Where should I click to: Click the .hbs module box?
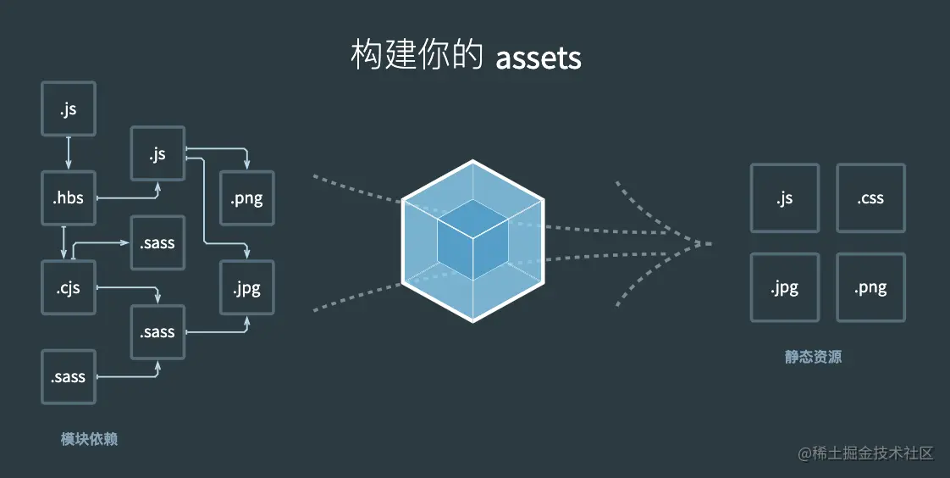point(69,198)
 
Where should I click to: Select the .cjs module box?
point(69,287)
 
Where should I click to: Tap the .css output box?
point(870,198)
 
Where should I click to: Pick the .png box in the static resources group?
point(870,287)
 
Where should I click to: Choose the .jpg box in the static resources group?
point(785,287)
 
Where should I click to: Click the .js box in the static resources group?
point(785,198)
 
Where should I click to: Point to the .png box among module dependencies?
point(246,198)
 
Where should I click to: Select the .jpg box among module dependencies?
point(246,287)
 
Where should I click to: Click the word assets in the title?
point(539,58)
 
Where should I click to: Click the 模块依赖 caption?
point(89,438)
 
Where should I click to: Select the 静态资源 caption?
point(813,357)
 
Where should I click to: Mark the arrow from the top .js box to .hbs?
point(69,153)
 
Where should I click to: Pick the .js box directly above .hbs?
point(69,109)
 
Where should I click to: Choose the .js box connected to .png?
point(157,153)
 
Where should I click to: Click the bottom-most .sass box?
point(69,376)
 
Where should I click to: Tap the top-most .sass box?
point(157,243)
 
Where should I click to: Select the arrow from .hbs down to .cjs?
point(64,242)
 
